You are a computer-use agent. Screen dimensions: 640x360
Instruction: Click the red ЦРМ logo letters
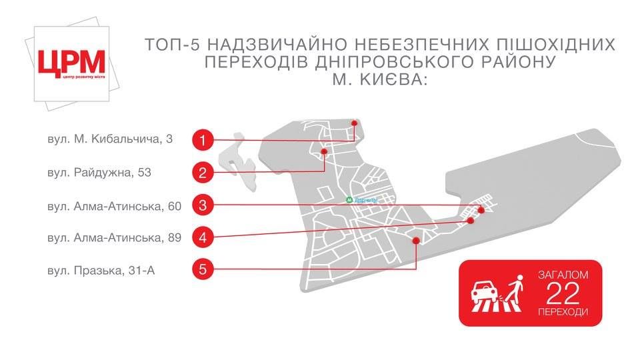[71, 62]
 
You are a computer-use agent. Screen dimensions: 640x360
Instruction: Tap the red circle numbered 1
[203, 140]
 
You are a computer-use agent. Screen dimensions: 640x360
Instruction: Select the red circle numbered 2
[203, 173]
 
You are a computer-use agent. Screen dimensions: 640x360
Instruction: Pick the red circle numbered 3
[203, 205]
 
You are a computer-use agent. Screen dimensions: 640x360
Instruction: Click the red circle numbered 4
[203, 237]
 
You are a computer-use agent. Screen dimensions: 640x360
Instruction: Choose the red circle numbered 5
[203, 269]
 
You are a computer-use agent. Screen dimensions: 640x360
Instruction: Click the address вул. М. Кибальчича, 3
[110, 139]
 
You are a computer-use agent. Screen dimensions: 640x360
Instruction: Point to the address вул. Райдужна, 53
[99, 173]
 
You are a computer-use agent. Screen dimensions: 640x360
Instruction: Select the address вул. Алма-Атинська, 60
[114, 206]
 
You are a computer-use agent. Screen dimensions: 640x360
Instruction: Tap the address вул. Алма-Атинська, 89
[114, 237]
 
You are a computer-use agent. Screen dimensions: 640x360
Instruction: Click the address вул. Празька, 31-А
[101, 271]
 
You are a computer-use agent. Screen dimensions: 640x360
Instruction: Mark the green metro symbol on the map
[349, 200]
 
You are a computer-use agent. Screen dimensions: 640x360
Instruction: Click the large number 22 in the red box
[563, 293]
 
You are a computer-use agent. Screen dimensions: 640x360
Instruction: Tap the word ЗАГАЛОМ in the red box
[563, 275]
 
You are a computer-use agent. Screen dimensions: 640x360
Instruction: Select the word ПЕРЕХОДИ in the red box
[563, 312]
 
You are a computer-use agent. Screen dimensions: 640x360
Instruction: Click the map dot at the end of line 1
[354, 123]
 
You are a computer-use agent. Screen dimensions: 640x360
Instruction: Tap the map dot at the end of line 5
[416, 241]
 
